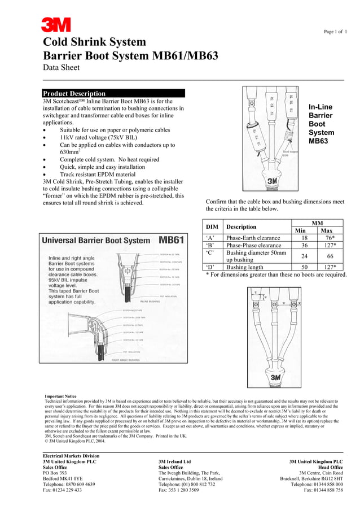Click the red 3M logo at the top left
[56, 25]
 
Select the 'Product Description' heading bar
[113, 93]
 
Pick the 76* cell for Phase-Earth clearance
[327, 238]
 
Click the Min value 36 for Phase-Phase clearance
[304, 246]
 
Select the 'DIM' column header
[212, 226]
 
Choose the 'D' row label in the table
[210, 267]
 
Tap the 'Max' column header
[327, 230]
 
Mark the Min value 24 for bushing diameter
[304, 256]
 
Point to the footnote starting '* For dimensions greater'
[275, 275]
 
